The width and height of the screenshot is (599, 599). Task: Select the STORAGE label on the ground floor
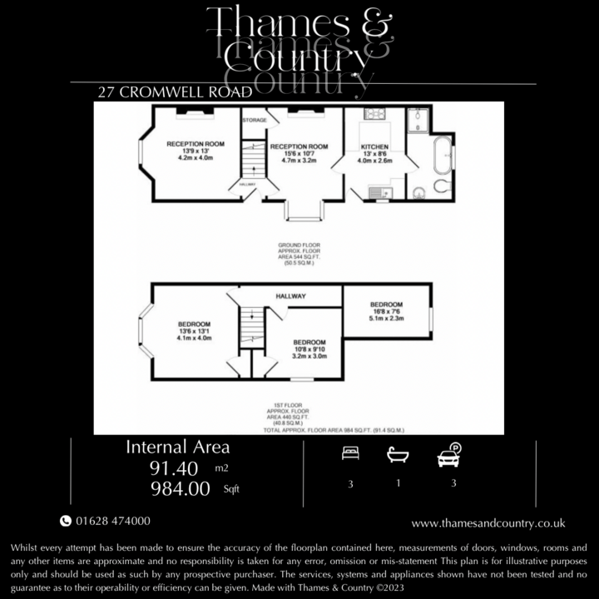click(x=255, y=121)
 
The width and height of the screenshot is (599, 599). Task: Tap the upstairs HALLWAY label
click(x=291, y=296)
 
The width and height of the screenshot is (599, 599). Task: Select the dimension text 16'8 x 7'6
click(x=387, y=311)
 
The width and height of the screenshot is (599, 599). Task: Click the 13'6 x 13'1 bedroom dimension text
click(x=193, y=331)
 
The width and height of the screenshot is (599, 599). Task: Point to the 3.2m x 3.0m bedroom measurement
click(x=309, y=356)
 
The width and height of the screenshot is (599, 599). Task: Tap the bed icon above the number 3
click(x=350, y=454)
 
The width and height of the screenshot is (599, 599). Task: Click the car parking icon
click(x=448, y=456)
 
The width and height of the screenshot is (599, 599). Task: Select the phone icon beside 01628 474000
click(x=66, y=522)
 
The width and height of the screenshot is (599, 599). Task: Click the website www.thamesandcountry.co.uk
click(x=488, y=523)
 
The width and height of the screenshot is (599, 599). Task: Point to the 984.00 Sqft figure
click(x=180, y=489)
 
